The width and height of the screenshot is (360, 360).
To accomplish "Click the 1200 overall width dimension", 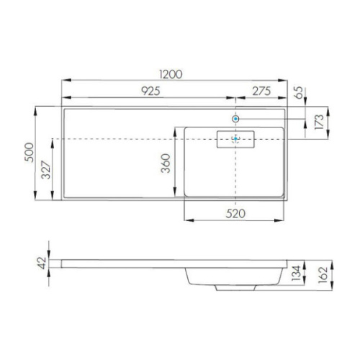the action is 171,74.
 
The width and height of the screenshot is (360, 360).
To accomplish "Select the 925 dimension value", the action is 150,91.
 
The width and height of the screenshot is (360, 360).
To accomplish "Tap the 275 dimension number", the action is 261,91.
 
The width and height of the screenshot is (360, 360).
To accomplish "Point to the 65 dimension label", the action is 299,92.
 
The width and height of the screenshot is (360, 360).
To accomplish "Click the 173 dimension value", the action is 319,122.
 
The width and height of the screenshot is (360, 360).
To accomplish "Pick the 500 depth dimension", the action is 30,153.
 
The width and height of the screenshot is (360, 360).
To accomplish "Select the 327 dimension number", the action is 46,170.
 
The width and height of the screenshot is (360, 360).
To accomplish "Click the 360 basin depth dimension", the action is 166,163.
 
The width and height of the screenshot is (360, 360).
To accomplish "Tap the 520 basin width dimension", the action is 235,214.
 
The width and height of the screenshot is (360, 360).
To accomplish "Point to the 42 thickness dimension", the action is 42,263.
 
